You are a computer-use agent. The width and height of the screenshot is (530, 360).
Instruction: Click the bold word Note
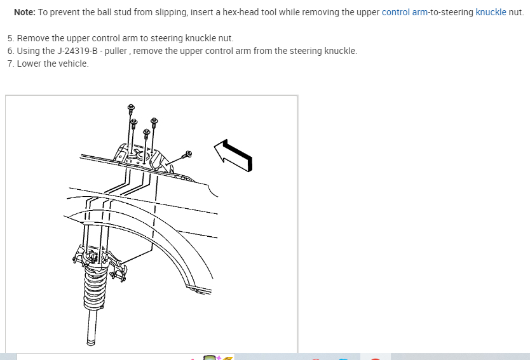pos(24,12)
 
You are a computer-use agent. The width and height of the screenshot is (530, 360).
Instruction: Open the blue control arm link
pos(404,12)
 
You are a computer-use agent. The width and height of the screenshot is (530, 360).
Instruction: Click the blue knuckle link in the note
pos(491,12)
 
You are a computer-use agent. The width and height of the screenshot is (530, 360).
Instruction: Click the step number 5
pos(10,38)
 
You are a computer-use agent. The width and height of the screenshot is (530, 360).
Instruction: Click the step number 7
pos(10,63)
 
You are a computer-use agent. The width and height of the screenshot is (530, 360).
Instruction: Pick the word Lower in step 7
pos(29,63)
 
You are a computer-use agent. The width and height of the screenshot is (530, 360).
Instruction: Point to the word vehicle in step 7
pos(73,63)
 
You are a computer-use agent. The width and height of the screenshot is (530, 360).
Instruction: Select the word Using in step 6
pos(28,51)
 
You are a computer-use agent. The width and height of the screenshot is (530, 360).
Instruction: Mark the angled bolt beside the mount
pos(187,154)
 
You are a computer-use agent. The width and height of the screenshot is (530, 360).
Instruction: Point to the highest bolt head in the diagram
pos(131,107)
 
